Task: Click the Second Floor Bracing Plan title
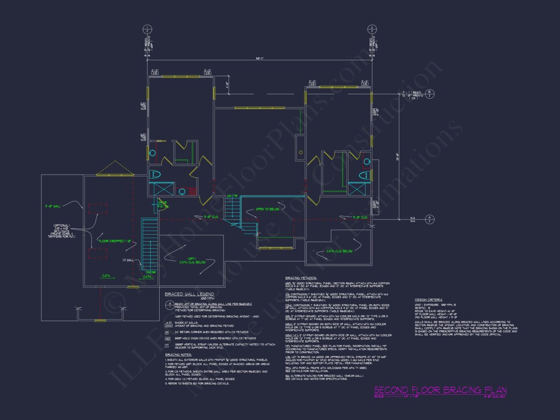(x=440, y=390)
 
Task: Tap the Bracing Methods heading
(x=301, y=277)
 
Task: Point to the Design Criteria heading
(x=429, y=300)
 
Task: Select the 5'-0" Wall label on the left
(x=53, y=205)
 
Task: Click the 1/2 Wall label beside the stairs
(x=128, y=260)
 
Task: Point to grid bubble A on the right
(x=430, y=219)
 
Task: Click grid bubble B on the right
(x=429, y=95)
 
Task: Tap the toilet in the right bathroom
(x=365, y=175)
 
